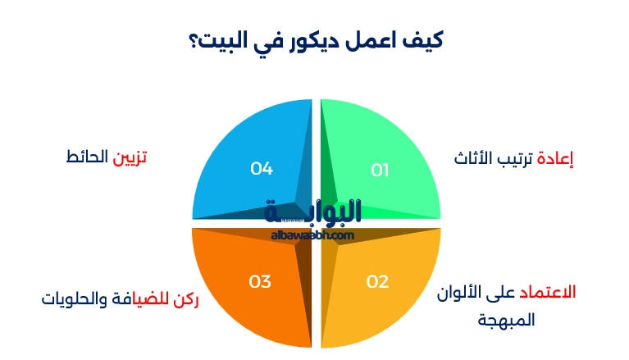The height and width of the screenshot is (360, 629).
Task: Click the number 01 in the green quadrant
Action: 380,170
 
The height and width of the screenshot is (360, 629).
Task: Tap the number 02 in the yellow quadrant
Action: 377,281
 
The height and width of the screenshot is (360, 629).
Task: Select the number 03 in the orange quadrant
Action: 260,281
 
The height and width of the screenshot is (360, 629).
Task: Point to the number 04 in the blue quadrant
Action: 262,169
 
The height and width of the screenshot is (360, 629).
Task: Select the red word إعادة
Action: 554,158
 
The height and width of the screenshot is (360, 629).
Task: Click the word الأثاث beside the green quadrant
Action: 475,158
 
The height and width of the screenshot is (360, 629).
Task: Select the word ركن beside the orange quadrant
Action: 186,298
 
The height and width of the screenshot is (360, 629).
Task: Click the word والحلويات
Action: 75,298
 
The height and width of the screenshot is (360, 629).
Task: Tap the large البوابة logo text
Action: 313,212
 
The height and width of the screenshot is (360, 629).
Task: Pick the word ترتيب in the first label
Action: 515,158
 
